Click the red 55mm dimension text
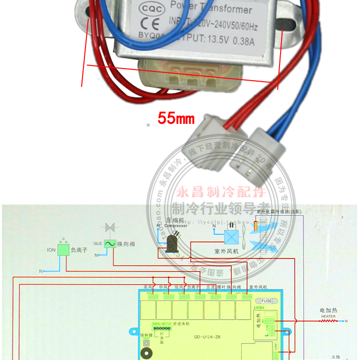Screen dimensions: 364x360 click(x=175, y=118)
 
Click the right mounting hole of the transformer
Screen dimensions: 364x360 click(x=286, y=24)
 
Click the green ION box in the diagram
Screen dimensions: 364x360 click(x=63, y=250)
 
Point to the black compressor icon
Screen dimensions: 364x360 click(x=173, y=242)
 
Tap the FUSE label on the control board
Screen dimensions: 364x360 click(x=266, y=301)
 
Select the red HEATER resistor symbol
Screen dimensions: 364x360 click(x=328, y=321)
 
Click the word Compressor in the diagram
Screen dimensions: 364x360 click(x=175, y=225)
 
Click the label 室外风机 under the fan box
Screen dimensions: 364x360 click(x=226, y=252)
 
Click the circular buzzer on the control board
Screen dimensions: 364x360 click(x=145, y=353)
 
